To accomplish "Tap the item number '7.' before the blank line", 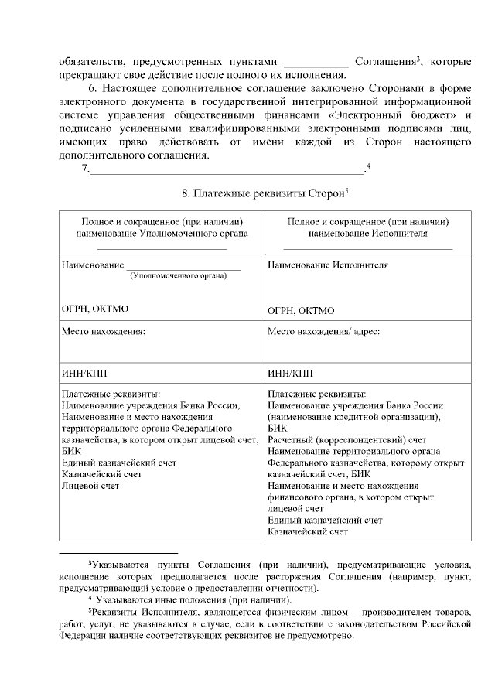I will pos(85,170).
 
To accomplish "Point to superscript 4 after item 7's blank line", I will pos(368,166).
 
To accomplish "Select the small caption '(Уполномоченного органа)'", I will pos(177,275).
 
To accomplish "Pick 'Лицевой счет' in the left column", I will pos(90,485).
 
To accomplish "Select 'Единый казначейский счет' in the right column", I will pos(325,520).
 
